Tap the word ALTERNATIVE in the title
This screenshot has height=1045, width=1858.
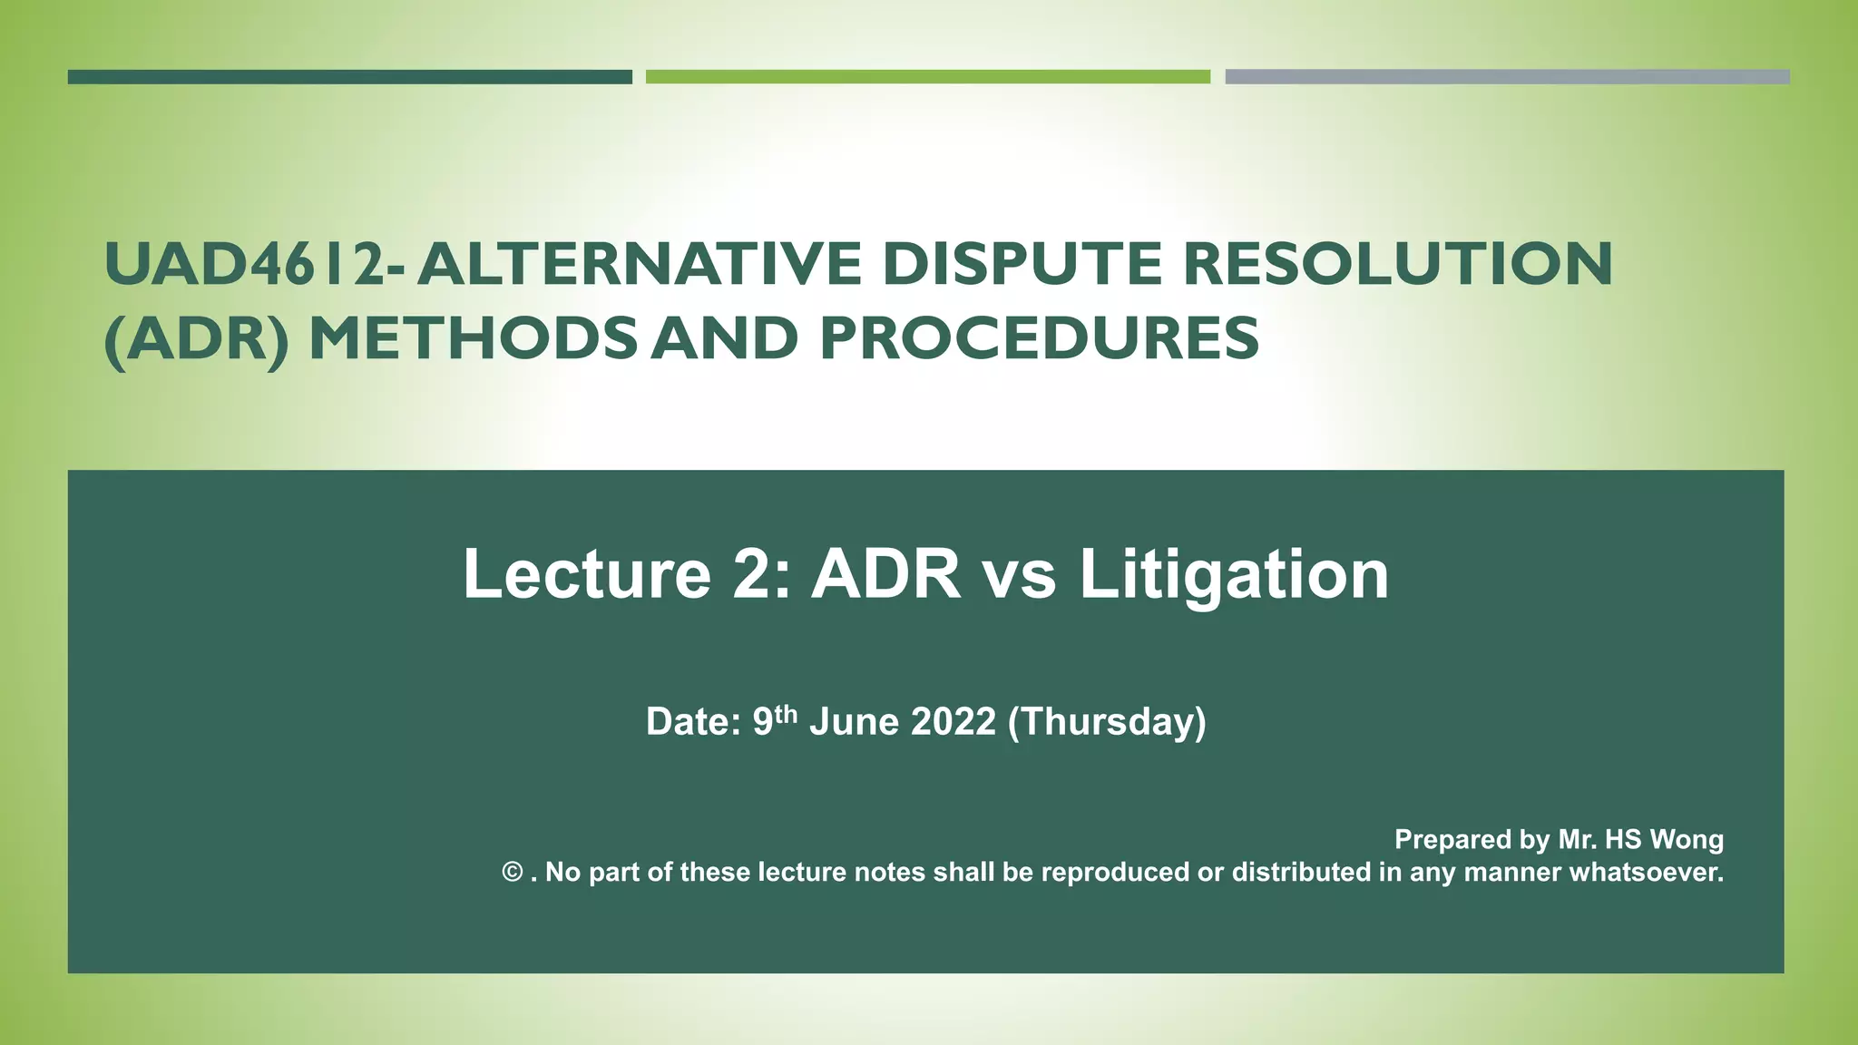click(639, 264)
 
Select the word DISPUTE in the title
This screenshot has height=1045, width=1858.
click(1022, 264)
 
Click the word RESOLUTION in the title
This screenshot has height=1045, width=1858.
click(1397, 264)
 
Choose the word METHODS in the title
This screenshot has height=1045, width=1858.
click(473, 339)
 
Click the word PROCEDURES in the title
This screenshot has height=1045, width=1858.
click(1039, 339)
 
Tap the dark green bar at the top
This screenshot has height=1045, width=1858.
click(349, 77)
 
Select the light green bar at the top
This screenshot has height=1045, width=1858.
click(927, 77)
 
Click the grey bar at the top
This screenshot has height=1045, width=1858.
click(1506, 77)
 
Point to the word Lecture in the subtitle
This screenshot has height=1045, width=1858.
click(587, 574)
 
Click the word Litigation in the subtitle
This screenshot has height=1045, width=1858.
click(1234, 574)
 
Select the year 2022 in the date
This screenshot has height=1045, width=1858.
click(953, 722)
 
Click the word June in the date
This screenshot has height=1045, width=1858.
click(854, 722)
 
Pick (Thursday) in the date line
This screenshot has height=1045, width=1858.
click(1107, 722)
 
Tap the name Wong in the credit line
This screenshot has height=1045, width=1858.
click(1687, 839)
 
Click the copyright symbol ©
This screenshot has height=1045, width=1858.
click(513, 873)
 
